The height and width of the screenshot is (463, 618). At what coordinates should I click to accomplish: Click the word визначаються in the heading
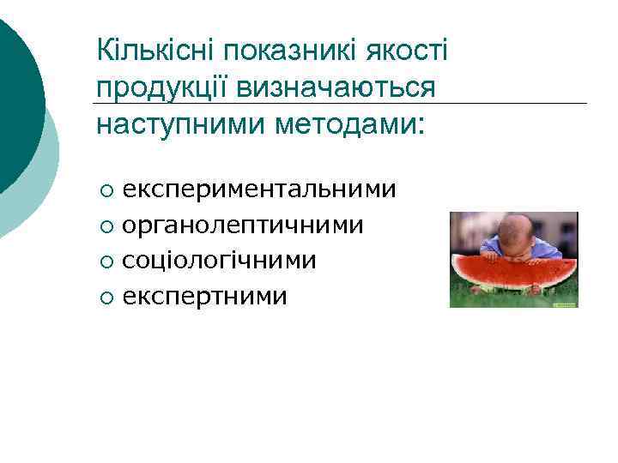pos(338,87)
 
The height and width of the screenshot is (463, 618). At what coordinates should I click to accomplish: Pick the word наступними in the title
pos(179,123)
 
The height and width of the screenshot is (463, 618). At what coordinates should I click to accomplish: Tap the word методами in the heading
pos(348,123)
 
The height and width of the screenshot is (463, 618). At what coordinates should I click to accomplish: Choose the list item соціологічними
pos(220,261)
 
